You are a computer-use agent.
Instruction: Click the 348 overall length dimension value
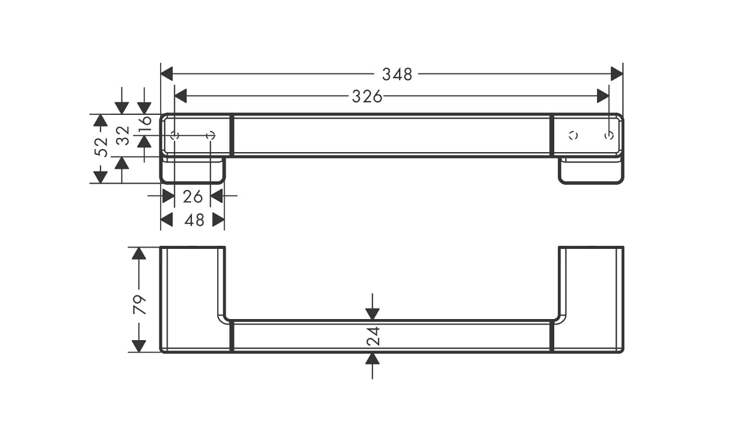click(x=397, y=74)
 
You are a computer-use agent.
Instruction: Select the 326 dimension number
click(x=367, y=97)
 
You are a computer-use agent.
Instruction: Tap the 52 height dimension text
click(x=101, y=146)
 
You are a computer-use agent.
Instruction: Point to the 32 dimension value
click(x=123, y=135)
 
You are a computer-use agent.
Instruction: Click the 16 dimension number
click(x=145, y=122)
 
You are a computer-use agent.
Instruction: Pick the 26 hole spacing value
click(x=192, y=196)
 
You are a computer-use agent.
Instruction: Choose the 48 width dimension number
click(x=194, y=220)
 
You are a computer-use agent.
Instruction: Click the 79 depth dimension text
click(x=140, y=304)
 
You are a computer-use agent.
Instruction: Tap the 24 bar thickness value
click(x=373, y=336)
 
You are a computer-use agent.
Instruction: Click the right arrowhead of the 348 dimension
click(x=616, y=74)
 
